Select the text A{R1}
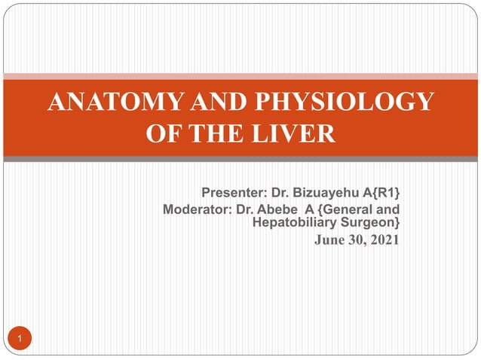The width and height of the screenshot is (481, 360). [x=379, y=192]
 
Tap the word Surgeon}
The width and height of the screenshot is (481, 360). [x=370, y=223]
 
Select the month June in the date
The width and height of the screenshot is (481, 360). [x=329, y=241]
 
